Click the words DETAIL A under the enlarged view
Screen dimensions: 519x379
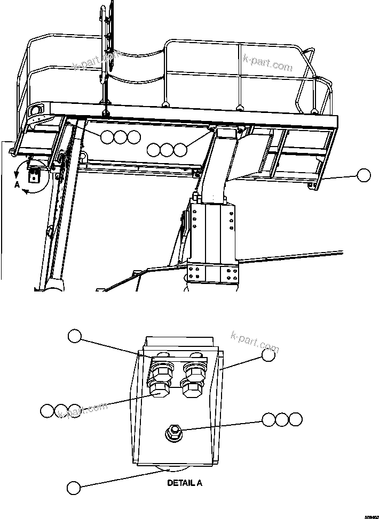pyautogui.click(x=184, y=483)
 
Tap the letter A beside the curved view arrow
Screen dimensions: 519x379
pyautogui.click(x=17, y=185)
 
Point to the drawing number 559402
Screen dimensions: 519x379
pyautogui.click(x=370, y=515)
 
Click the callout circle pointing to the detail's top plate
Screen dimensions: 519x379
pyautogui.click(x=74, y=336)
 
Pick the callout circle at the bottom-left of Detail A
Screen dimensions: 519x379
pyautogui.click(x=74, y=486)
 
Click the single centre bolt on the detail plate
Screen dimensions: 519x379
pyautogui.click(x=173, y=432)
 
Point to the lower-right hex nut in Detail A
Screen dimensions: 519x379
pyautogui.click(x=192, y=387)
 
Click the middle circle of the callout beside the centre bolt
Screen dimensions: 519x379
pyautogui.click(x=282, y=419)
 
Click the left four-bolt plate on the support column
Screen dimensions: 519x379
pyautogui.click(x=196, y=274)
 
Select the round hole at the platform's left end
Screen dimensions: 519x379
pyautogui.click(x=36, y=110)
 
